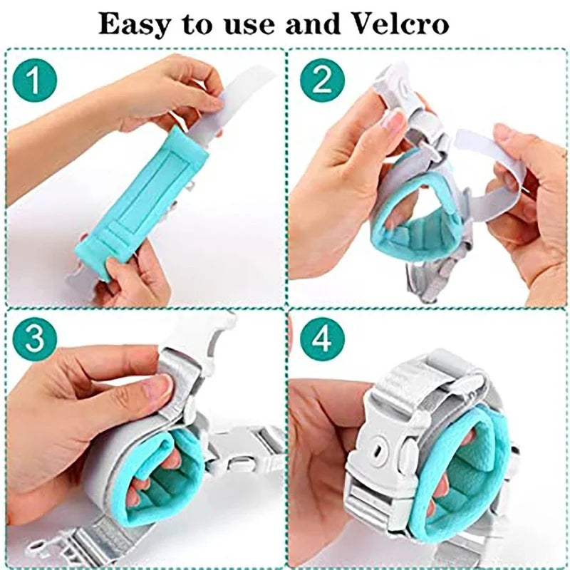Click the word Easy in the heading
pos(134,24)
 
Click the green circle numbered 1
pos(34,80)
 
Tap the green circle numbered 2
pos(322,80)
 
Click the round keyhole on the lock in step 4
pos(379,452)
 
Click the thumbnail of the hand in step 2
pos(393,121)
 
